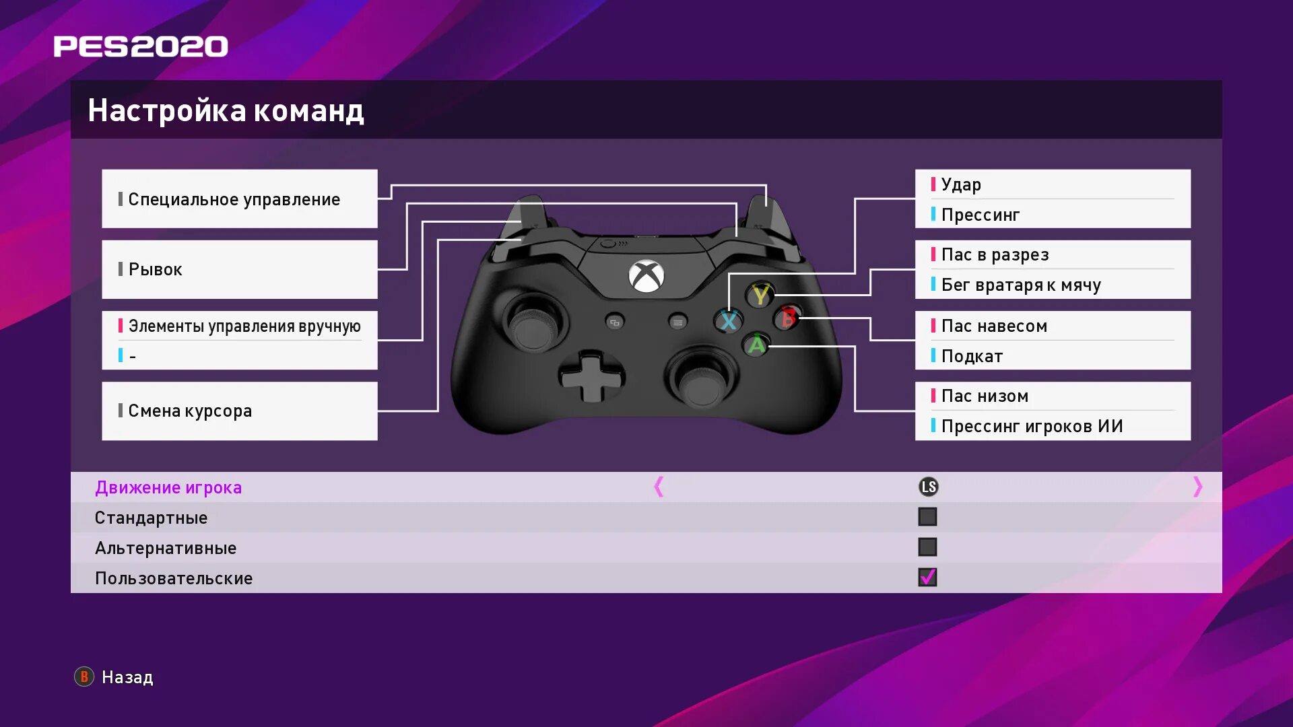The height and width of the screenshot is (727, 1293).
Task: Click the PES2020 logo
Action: point(141,46)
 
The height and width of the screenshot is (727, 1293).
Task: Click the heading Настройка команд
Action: point(226,110)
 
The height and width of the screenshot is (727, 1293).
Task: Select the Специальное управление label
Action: point(234,199)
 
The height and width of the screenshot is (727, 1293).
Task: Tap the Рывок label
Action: point(155,269)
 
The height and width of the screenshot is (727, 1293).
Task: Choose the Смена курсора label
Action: point(190,411)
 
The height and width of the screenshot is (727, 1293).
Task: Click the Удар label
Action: point(961,184)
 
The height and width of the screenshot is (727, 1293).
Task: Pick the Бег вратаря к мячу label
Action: point(1021,285)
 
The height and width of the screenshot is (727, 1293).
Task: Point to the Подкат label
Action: point(972,356)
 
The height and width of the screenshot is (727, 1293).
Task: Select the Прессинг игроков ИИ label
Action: point(1032,426)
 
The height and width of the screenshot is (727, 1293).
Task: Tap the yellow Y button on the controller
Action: point(760,295)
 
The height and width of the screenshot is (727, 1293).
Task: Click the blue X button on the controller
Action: point(728,321)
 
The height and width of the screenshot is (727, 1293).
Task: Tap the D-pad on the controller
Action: point(591,378)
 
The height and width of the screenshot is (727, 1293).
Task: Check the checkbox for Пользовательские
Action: point(927,578)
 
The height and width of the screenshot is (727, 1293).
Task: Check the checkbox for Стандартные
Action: point(927,517)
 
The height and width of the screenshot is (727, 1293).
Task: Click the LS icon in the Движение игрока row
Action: point(929,487)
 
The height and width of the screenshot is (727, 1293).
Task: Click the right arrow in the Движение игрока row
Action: point(1197,487)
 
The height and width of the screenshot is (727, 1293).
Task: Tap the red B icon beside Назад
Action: point(84,677)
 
